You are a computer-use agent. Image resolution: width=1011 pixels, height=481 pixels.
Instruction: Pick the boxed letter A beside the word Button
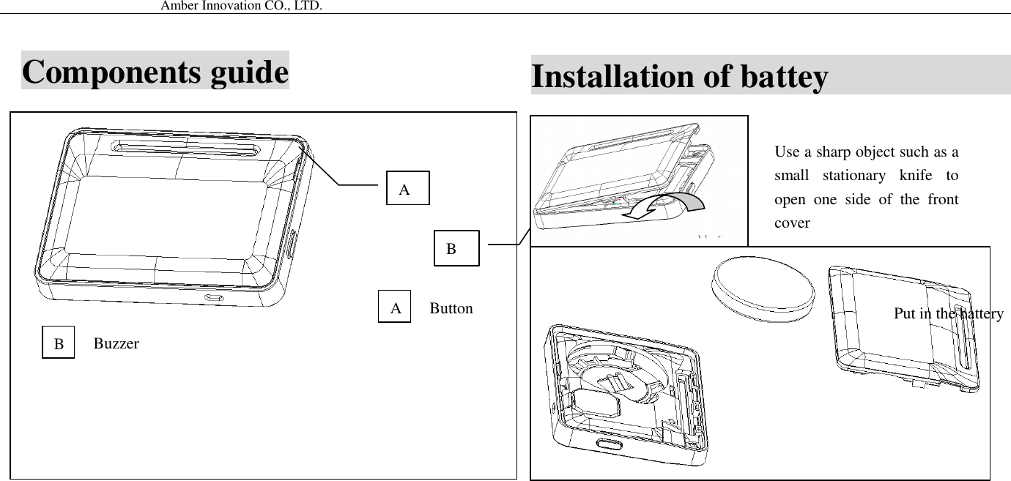click(396, 308)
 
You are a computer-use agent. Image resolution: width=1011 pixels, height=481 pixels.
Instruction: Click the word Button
click(451, 308)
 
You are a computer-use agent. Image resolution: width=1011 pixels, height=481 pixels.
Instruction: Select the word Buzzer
click(116, 343)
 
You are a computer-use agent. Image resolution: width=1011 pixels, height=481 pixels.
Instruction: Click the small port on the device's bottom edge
click(215, 298)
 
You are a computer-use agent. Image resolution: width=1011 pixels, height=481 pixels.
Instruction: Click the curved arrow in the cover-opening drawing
click(663, 205)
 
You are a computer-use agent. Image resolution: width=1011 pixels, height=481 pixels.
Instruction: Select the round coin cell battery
click(762, 288)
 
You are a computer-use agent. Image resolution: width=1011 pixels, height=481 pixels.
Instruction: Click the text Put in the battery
click(948, 313)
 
